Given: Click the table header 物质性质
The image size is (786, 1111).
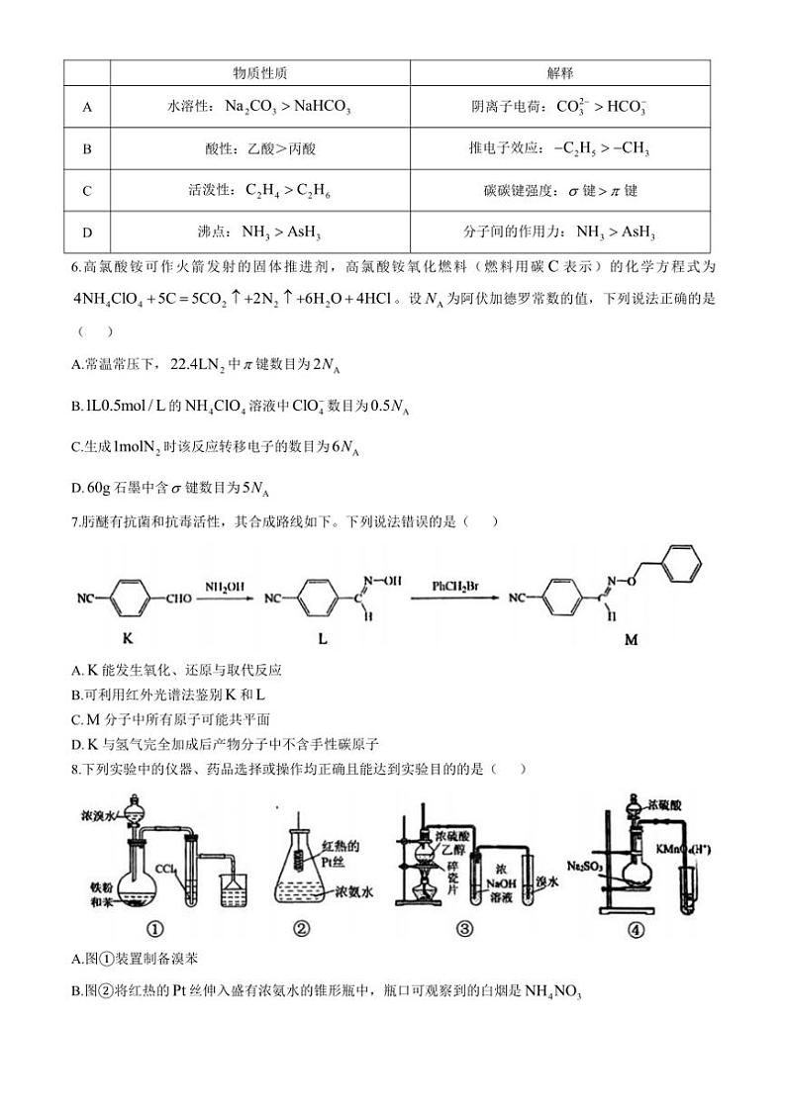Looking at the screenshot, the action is click(x=260, y=73).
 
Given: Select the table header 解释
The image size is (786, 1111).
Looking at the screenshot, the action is click(x=560, y=73).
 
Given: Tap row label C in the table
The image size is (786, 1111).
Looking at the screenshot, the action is click(x=87, y=191).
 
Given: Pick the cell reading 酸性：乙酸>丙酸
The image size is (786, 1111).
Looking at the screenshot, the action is click(x=260, y=149).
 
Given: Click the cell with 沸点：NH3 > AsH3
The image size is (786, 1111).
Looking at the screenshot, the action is click(x=260, y=232).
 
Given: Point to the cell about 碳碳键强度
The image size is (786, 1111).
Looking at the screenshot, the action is click(x=560, y=191).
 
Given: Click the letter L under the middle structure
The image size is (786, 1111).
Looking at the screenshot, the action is click(x=322, y=639).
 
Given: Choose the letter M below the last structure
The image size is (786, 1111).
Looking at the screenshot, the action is click(x=631, y=639).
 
